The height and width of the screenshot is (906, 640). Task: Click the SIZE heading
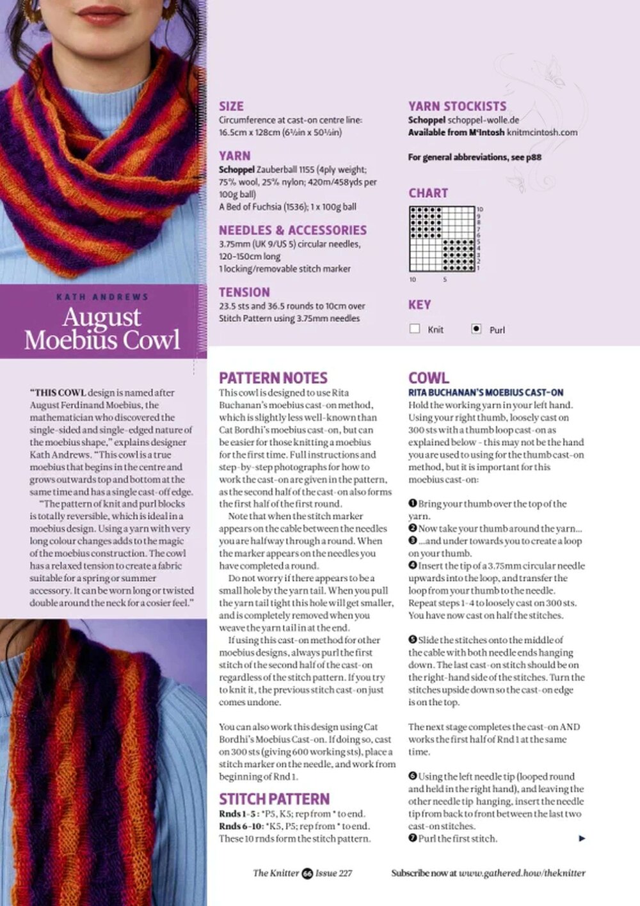(x=231, y=106)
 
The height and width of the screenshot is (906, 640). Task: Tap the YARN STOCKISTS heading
(x=457, y=106)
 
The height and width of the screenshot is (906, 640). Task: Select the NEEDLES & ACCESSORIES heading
(x=292, y=230)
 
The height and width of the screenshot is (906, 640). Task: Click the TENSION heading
(x=244, y=292)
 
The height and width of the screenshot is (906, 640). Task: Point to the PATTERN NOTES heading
(x=273, y=377)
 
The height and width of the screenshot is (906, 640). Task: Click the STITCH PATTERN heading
(x=274, y=799)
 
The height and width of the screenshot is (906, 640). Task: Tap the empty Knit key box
(x=415, y=329)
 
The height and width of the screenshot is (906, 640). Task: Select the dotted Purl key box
(x=476, y=329)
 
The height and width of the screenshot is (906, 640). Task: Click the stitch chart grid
(x=442, y=239)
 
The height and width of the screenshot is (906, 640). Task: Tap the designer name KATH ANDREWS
(x=102, y=297)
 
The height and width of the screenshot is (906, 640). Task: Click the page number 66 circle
(x=307, y=873)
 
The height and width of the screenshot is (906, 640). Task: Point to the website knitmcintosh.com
(x=541, y=132)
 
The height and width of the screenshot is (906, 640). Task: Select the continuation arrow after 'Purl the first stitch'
(x=582, y=838)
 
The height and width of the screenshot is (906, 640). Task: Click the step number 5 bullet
(x=413, y=640)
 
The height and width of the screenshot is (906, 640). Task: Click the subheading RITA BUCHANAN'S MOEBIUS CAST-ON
(x=486, y=392)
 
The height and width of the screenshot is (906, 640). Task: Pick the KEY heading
(x=420, y=305)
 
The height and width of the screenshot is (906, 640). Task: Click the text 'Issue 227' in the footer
(x=333, y=873)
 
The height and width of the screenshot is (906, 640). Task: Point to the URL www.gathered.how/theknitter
(x=522, y=873)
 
